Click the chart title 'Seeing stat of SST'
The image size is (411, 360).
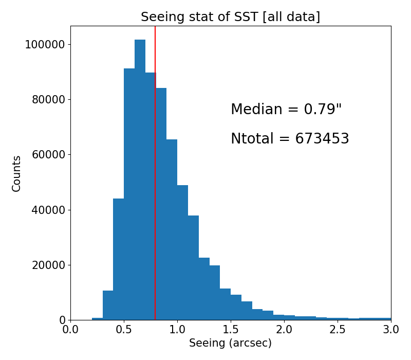pyautogui.click(x=230, y=17)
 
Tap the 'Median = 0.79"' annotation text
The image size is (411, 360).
pyautogui.click(x=286, y=110)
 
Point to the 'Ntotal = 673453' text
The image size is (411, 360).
pyautogui.click(x=290, y=139)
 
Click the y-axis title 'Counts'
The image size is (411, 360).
pyautogui.click(x=16, y=173)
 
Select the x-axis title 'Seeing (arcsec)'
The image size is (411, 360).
pyautogui.click(x=230, y=343)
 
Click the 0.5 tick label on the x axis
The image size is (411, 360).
pyautogui.click(x=124, y=329)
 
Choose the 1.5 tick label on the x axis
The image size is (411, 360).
pyautogui.click(x=231, y=329)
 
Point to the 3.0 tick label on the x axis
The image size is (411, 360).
pyautogui.click(x=390, y=329)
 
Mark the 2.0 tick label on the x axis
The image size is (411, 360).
pyautogui.click(x=284, y=329)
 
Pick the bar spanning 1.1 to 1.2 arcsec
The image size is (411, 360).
pyautogui.click(x=193, y=267)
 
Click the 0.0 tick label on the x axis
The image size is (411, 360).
pyautogui.click(x=70, y=329)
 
